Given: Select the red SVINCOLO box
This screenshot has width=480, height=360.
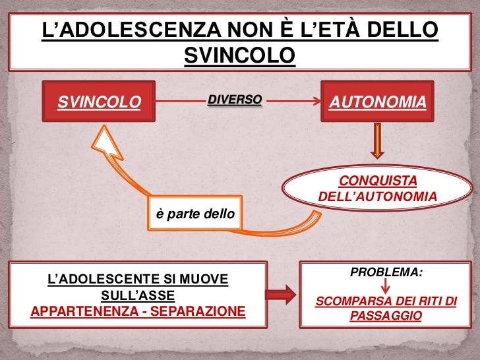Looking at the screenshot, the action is point(99,102).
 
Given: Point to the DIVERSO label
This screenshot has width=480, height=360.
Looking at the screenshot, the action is point(235,100).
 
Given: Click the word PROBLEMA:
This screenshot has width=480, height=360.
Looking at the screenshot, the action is point(386,272).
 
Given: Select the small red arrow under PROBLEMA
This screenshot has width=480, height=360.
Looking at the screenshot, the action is point(386,287).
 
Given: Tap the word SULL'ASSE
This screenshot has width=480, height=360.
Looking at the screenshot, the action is point(138,295).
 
